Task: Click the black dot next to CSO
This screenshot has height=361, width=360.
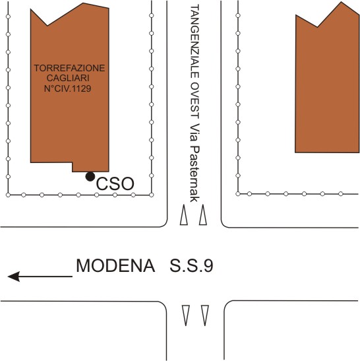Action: click(x=90, y=177)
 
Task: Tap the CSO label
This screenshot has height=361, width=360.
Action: click(x=115, y=184)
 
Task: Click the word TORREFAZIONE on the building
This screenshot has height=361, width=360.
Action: click(x=69, y=68)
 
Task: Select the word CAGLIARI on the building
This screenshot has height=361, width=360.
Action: click(x=68, y=78)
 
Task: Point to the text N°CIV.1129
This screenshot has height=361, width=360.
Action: click(x=68, y=88)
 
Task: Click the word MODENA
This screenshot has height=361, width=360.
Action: click(x=115, y=266)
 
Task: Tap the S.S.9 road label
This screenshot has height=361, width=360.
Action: click(x=191, y=266)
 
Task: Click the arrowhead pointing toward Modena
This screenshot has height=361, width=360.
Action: click(x=14, y=277)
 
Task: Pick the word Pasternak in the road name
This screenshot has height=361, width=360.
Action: click(x=195, y=174)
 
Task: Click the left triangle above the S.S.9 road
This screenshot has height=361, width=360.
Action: click(x=183, y=214)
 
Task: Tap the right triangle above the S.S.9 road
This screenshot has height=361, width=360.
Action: click(x=203, y=214)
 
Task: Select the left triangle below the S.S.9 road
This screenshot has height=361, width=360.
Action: click(x=186, y=315)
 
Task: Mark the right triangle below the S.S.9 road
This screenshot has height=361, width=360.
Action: click(x=205, y=315)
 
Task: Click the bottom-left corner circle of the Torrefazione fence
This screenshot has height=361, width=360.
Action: click(x=8, y=195)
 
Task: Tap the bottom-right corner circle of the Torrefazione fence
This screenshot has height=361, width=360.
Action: click(x=152, y=195)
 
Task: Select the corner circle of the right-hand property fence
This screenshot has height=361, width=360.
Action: click(x=238, y=194)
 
